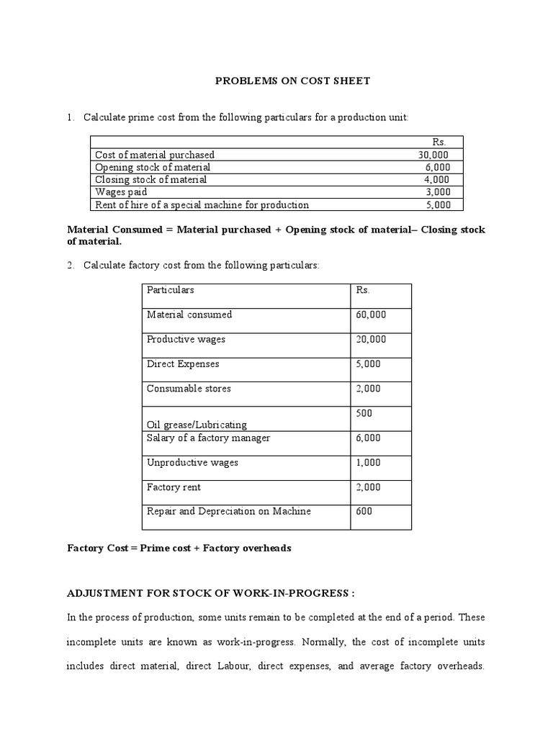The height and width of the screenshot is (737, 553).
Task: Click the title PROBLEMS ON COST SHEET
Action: point(293,81)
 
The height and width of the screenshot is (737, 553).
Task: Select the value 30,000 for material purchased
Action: point(433,155)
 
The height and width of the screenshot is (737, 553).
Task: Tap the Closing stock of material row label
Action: point(150,179)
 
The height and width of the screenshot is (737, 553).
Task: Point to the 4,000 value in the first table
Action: point(436,179)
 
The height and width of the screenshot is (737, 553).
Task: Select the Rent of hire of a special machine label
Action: point(202,204)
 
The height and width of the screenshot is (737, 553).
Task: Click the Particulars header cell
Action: point(171,290)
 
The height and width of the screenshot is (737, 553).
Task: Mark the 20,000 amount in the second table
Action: point(371,339)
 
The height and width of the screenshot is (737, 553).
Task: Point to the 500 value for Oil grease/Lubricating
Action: point(364,413)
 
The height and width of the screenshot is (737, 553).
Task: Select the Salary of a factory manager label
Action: point(209,438)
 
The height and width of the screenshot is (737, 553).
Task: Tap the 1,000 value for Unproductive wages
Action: point(368,463)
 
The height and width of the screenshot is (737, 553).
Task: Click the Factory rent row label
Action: point(174,487)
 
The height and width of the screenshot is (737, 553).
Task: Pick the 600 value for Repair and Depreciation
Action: point(364,512)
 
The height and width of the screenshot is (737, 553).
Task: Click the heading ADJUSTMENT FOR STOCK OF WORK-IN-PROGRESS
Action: point(211,593)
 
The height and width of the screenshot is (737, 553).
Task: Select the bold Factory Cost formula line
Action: point(179,548)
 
